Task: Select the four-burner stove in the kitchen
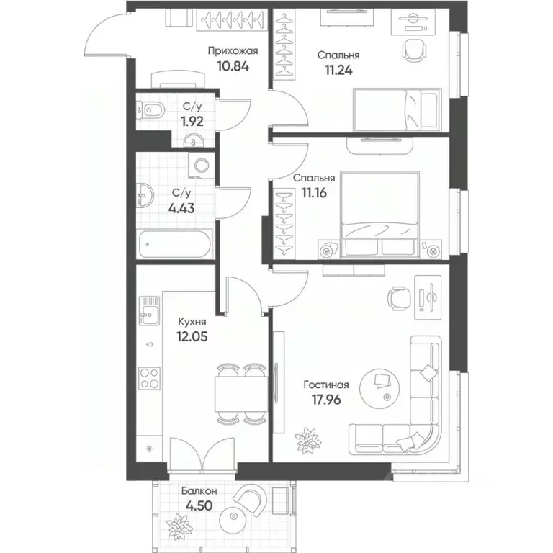point(149,378)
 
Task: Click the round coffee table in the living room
point(381,387)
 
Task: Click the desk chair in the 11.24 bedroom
point(410,50)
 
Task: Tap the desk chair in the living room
point(397,297)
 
